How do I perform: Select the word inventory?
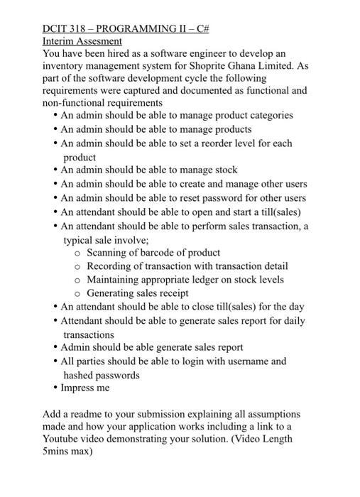point(62,66)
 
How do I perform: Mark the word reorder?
point(223,143)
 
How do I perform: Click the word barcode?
point(151,252)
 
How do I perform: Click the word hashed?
point(79,375)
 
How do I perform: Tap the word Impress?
point(78,388)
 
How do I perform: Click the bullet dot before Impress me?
point(55,388)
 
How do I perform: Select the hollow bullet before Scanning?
point(77,253)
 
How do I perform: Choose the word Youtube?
point(62,438)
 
